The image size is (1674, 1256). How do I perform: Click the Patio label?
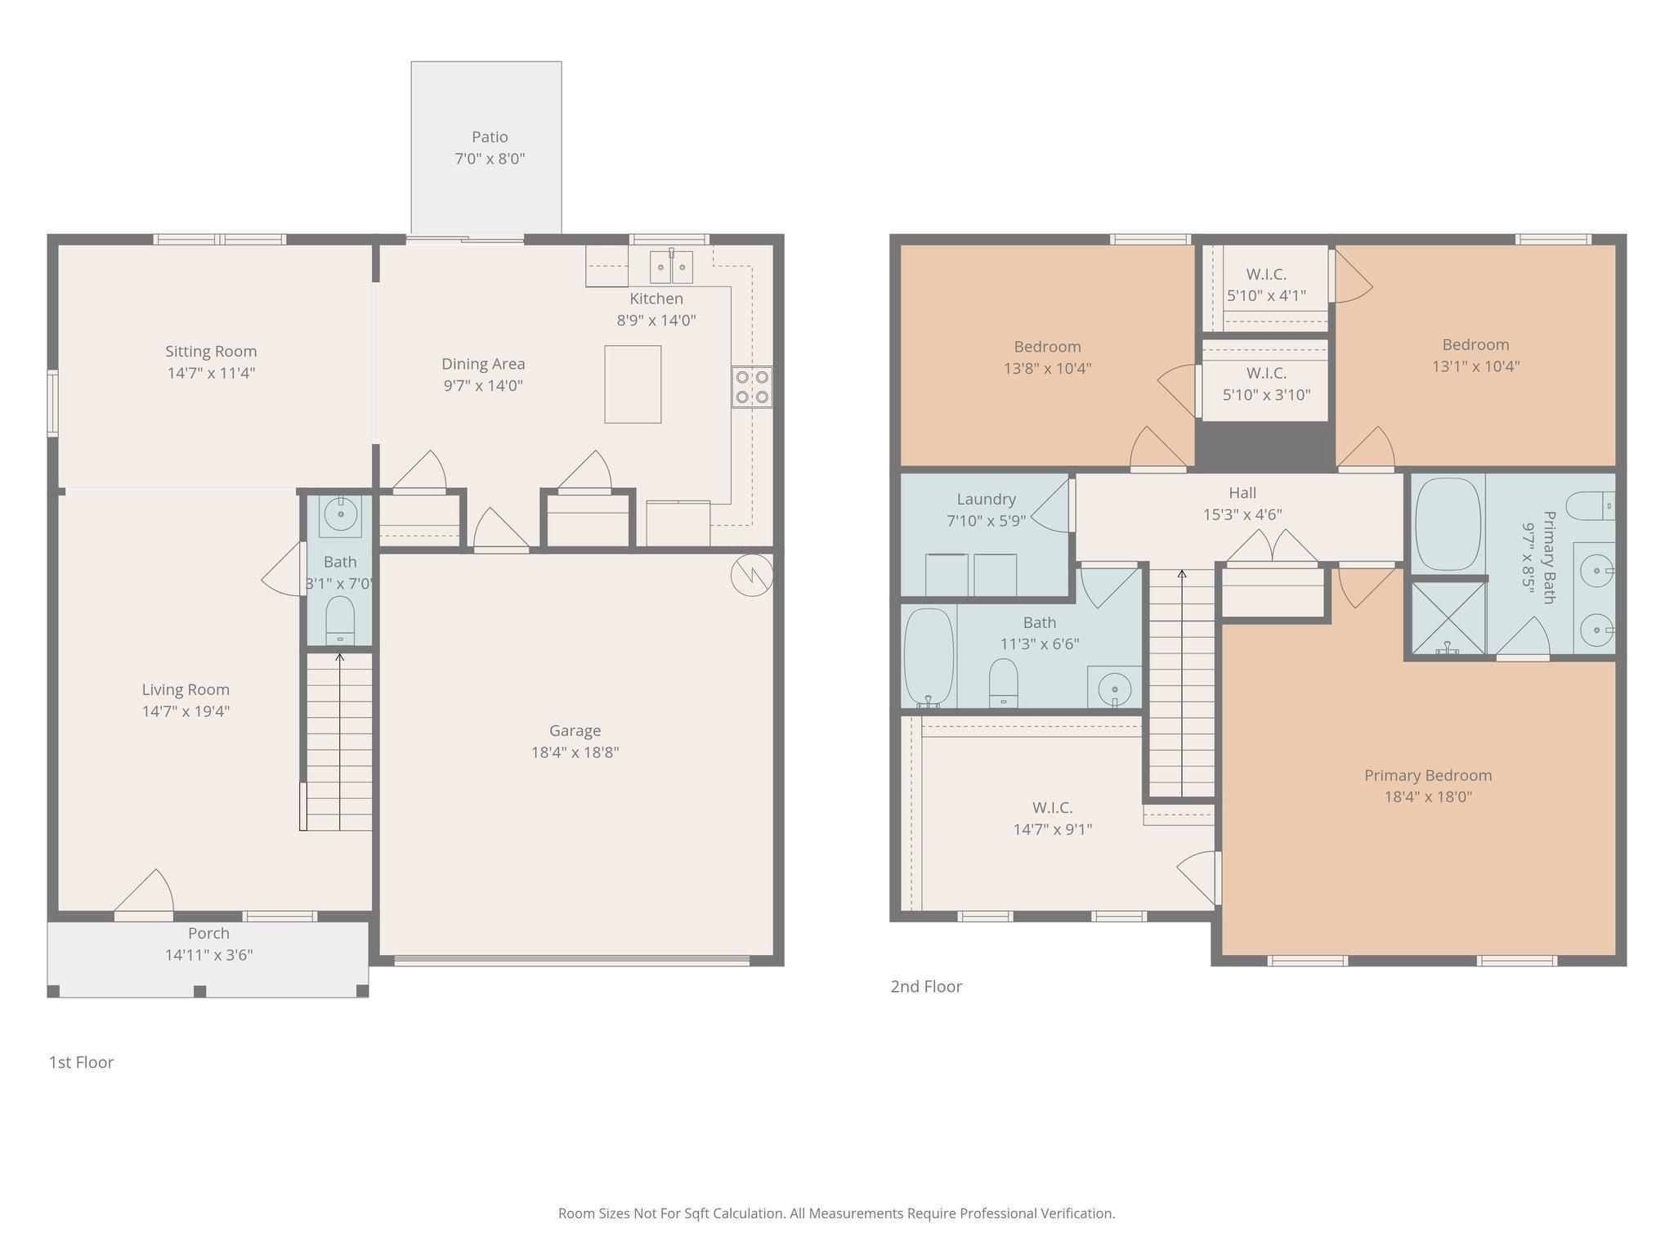tap(490, 137)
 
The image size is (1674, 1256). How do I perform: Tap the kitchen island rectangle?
tap(633, 384)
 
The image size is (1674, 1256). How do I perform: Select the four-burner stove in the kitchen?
tap(752, 388)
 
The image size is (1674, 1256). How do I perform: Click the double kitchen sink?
tap(671, 267)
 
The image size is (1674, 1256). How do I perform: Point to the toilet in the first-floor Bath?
tap(340, 621)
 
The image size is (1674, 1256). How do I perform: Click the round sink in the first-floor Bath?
tap(340, 514)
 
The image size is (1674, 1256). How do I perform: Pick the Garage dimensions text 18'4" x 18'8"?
tap(575, 752)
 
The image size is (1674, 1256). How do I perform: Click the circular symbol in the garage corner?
tap(751, 575)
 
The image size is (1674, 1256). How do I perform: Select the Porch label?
tap(208, 933)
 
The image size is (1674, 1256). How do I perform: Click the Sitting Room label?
tap(211, 352)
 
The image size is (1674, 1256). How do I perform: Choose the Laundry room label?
tap(986, 499)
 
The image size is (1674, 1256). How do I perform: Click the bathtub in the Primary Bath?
tap(1448, 524)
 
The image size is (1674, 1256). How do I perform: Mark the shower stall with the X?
tap(1448, 617)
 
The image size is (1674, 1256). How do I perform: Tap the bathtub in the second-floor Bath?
tap(929, 657)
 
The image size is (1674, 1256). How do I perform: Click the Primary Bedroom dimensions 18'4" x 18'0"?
tap(1427, 796)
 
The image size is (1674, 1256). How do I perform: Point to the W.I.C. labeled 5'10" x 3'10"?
tap(1266, 384)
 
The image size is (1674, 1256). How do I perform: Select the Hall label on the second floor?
tap(1242, 493)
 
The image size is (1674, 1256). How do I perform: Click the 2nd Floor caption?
tap(925, 986)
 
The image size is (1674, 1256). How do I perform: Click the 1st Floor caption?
tap(81, 1062)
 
